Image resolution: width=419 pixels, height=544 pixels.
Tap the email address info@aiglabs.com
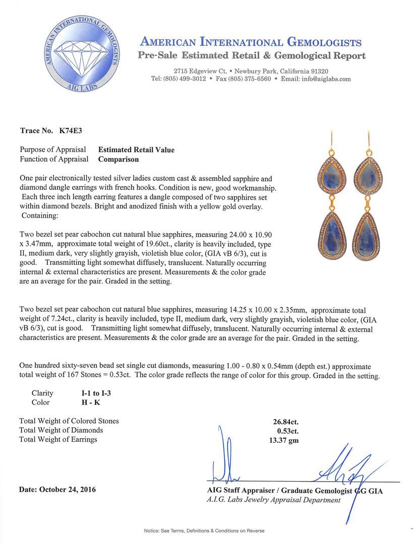323,79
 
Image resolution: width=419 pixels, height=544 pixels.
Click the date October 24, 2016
57,489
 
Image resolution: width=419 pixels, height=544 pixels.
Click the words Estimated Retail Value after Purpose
136,150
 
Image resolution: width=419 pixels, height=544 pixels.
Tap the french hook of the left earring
332,139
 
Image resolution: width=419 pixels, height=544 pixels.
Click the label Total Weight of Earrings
58,440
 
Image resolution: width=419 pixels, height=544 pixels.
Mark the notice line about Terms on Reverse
204,530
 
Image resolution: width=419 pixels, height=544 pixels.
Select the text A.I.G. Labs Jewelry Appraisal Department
273,500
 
